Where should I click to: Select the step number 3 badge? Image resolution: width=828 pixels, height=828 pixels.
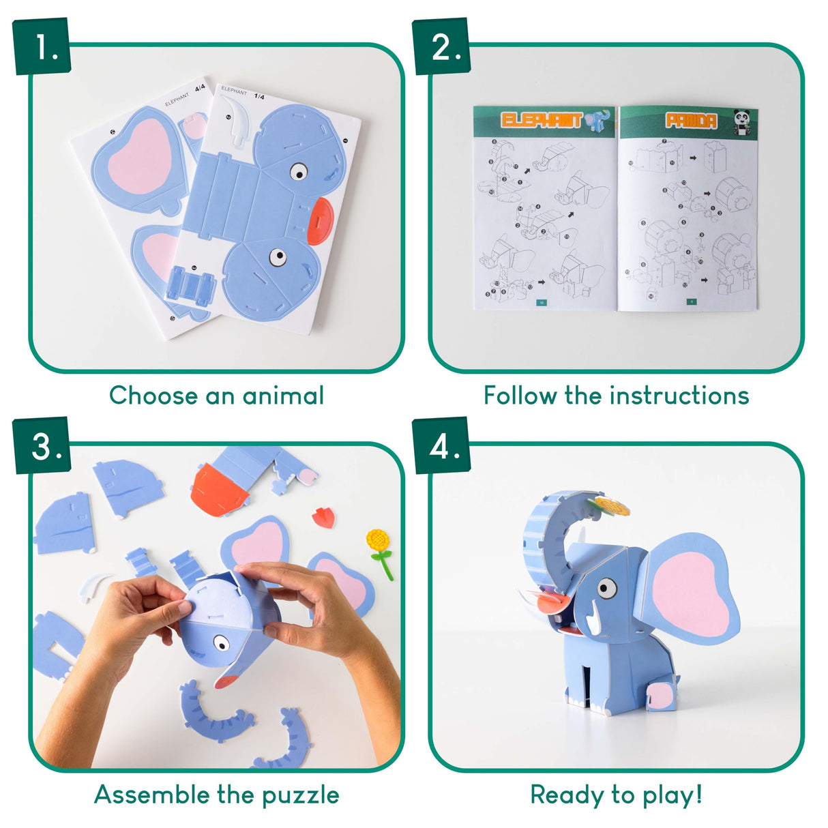[42, 447]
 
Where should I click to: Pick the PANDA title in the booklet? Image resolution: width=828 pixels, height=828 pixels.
[691, 121]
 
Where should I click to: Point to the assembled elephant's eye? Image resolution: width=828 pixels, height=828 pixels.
[606, 588]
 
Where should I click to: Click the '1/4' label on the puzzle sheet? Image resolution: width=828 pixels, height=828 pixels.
[260, 95]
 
